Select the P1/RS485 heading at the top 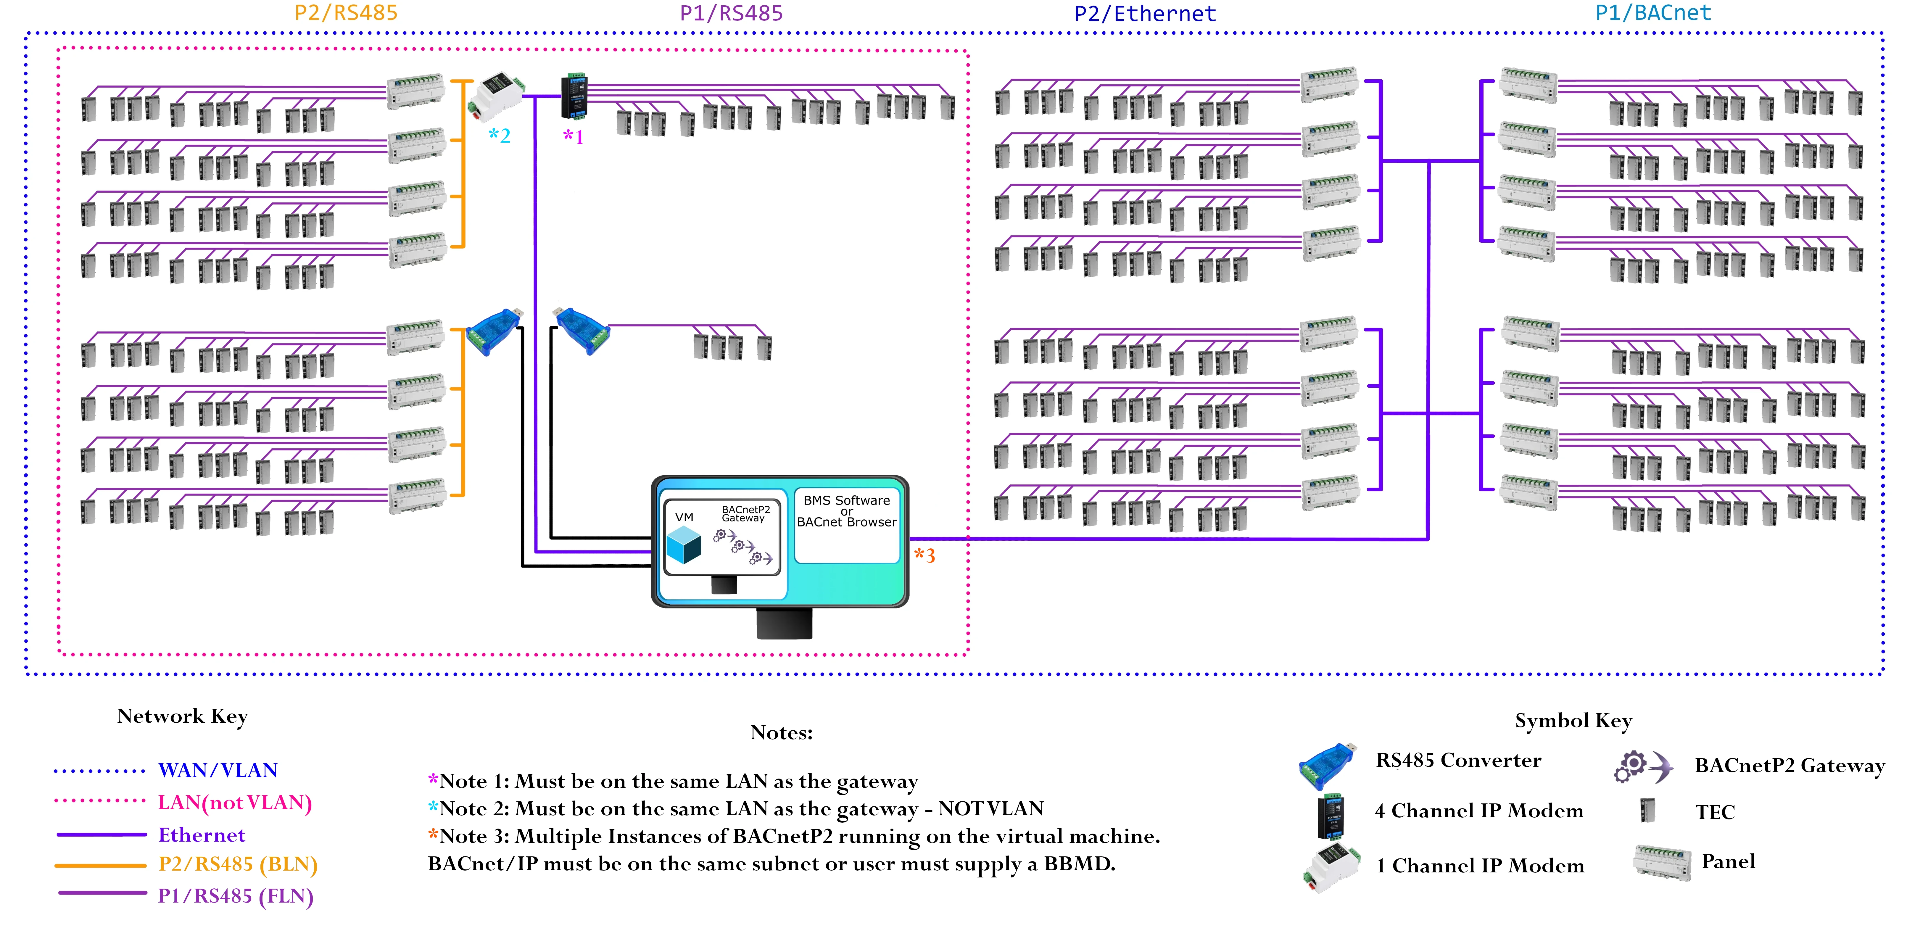[731, 13]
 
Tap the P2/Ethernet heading [1145, 13]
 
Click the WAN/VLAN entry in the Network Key [218, 770]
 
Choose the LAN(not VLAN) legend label [235, 803]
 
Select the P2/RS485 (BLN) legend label [238, 864]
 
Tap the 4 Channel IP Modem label [1479, 811]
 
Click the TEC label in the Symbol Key [1714, 812]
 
